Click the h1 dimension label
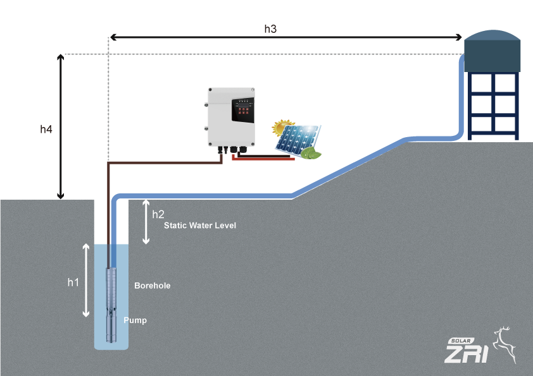tap(73, 282)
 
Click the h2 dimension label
tap(158, 214)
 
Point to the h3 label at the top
tap(270, 29)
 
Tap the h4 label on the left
tap(46, 130)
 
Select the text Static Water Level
tap(199, 226)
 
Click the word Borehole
tap(152, 286)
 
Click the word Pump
tap(135, 320)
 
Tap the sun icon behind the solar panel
tap(282, 127)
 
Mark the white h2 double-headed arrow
tap(146, 221)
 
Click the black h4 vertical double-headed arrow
tap(61, 126)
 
